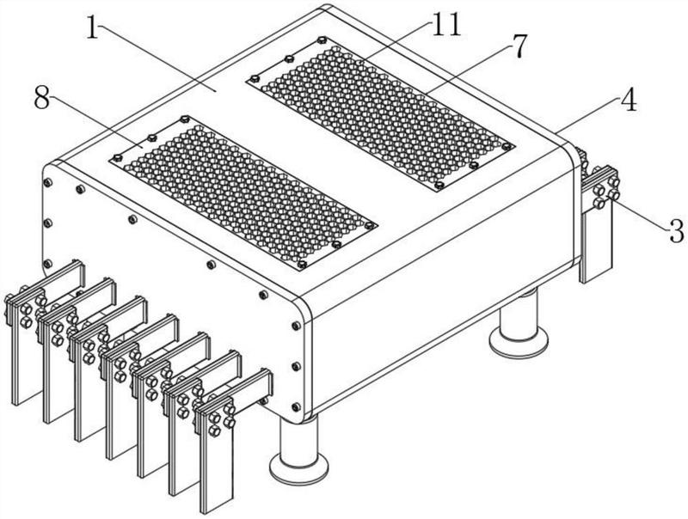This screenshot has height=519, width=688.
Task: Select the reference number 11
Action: point(445,23)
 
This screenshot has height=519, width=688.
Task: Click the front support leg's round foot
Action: point(299,467)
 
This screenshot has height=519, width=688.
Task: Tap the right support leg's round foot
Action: point(519,341)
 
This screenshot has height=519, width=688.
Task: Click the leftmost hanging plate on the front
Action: point(26,361)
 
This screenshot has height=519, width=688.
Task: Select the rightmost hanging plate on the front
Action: point(214,464)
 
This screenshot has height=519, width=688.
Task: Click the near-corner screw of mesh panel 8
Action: point(302,264)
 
